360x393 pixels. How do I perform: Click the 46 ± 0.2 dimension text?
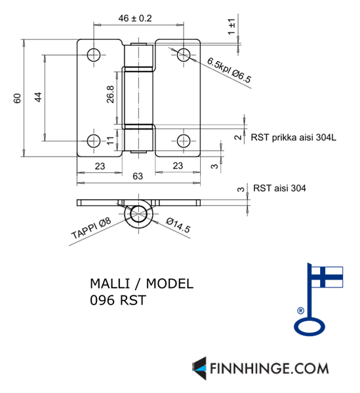click(135, 18)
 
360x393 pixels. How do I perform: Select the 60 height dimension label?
click(17, 98)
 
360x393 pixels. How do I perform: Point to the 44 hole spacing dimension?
click(38, 97)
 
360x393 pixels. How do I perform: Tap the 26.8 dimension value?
click(110, 94)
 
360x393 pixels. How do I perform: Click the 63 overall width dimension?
click(138, 176)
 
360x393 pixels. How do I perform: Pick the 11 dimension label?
click(110, 141)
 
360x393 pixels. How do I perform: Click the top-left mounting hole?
click(94, 55)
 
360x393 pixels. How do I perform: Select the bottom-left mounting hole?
click(94, 141)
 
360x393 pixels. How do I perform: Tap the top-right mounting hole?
click(184, 55)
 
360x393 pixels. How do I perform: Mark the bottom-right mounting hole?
click(184, 141)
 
